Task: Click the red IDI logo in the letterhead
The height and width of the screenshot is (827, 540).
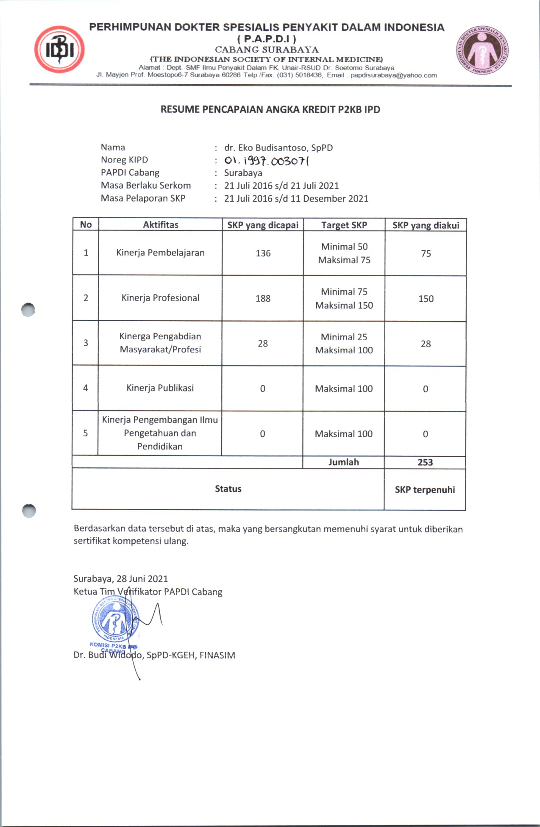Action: pyautogui.click(x=59, y=50)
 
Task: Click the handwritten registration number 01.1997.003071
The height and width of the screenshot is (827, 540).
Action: pyautogui.click(x=267, y=161)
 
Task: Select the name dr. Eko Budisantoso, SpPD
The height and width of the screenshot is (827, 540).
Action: pyautogui.click(x=278, y=148)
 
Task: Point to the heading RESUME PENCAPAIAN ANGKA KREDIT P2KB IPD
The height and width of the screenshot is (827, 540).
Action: pyautogui.click(x=270, y=110)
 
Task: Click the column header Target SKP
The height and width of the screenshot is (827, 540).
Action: pyautogui.click(x=344, y=225)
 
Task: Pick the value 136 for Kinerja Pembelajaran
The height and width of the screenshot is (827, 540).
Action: pyautogui.click(x=263, y=253)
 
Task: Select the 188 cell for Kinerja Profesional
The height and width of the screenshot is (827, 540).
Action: pyautogui.click(x=263, y=299)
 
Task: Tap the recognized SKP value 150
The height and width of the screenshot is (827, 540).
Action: pyautogui.click(x=426, y=299)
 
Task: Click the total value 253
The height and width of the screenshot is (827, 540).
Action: pyautogui.click(x=425, y=462)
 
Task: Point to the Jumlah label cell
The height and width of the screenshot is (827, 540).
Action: pyautogui.click(x=343, y=462)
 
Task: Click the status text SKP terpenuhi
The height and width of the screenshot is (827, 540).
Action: pyautogui.click(x=425, y=490)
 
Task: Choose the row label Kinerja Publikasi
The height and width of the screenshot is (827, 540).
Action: pyautogui.click(x=160, y=388)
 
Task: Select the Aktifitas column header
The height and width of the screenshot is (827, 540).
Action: pyautogui.click(x=160, y=225)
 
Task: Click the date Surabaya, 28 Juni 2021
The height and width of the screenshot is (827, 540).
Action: pyautogui.click(x=121, y=579)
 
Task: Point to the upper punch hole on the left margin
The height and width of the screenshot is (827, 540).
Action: pyautogui.click(x=28, y=310)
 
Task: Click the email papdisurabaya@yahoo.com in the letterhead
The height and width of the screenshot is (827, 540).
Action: pyautogui.click(x=393, y=75)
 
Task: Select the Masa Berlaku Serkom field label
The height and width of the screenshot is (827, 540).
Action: pyautogui.click(x=145, y=186)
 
